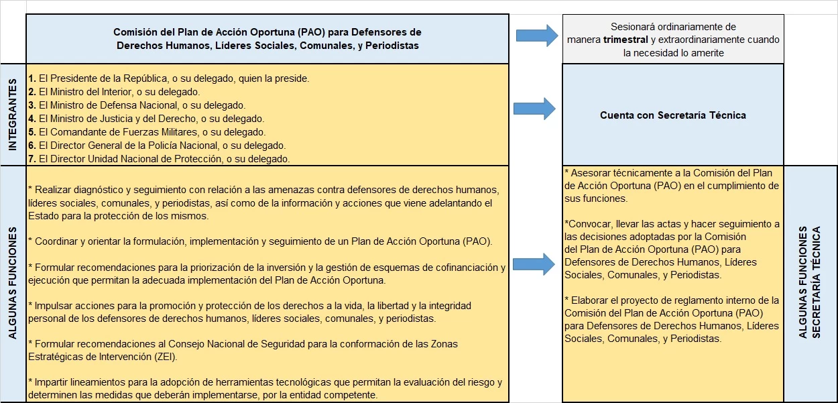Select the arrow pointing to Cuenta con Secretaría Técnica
pos(534,108)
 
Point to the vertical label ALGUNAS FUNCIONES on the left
pos(12,284)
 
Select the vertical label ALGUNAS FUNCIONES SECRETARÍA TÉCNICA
pos(810,284)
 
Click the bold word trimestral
pos(625,40)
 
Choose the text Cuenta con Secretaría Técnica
pos(672,115)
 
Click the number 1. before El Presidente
pos(32,78)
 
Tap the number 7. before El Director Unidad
pos(32,159)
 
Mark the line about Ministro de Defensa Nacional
pos(137,105)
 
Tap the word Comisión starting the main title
pos(136,32)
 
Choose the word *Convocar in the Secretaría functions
pos(586,224)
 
